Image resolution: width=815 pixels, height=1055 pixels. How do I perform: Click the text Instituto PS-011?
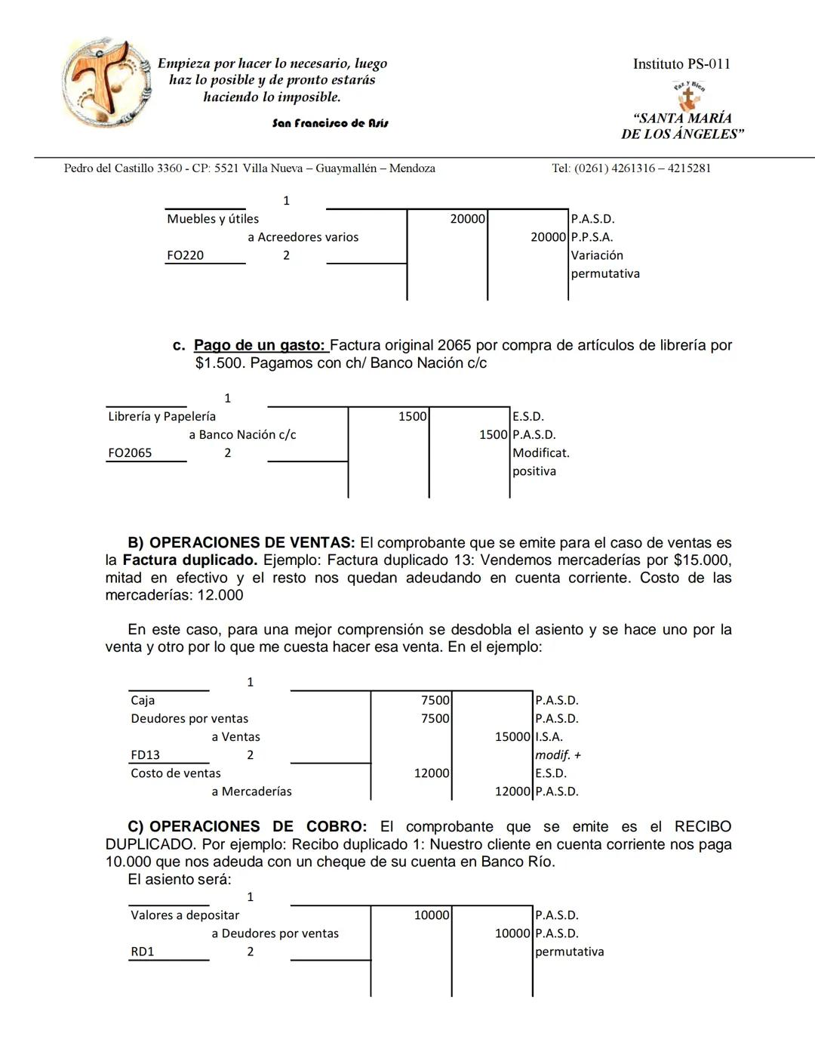[681, 64]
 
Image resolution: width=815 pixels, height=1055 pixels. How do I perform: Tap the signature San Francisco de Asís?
[330, 123]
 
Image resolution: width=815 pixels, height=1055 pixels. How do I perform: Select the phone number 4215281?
[689, 168]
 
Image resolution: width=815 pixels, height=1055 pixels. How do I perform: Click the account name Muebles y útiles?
[213, 219]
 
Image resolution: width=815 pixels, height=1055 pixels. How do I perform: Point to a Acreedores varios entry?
[303, 237]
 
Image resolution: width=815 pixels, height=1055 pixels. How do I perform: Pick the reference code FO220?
[186, 255]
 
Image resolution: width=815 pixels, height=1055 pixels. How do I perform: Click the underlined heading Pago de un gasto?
[260, 345]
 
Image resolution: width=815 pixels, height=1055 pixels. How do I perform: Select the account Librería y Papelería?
[161, 417]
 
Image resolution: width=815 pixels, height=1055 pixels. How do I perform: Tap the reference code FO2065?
[130, 453]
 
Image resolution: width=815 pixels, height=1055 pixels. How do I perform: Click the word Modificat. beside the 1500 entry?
[540, 453]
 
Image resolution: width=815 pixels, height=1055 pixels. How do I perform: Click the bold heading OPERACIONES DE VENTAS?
[251, 543]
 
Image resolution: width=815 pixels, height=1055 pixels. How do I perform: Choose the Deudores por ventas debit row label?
[189, 719]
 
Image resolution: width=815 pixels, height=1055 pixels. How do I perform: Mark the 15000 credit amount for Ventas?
[512, 737]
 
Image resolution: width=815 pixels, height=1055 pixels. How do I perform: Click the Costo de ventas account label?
[176, 773]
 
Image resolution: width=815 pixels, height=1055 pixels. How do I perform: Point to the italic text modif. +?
[558, 755]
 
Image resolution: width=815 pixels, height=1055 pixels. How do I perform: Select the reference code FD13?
[146, 755]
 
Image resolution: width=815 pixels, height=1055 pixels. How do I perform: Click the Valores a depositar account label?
[185, 915]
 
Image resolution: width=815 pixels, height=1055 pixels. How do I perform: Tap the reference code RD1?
[143, 952]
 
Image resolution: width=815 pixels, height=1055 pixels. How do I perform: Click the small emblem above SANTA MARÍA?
[687, 95]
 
